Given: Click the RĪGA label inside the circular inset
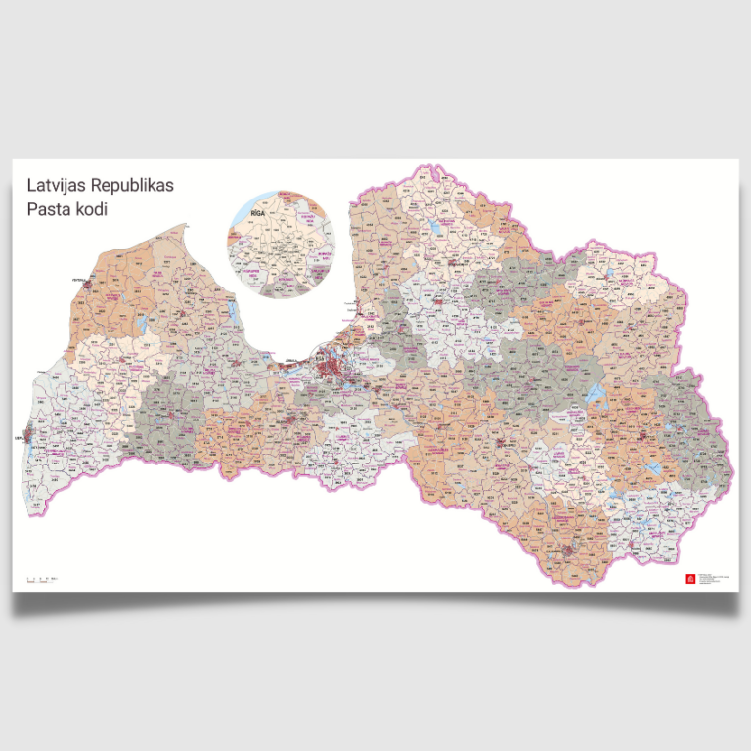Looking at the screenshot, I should tap(258, 211).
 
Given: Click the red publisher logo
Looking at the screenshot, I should tap(691, 578).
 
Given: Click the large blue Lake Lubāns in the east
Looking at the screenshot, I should tap(594, 394).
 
